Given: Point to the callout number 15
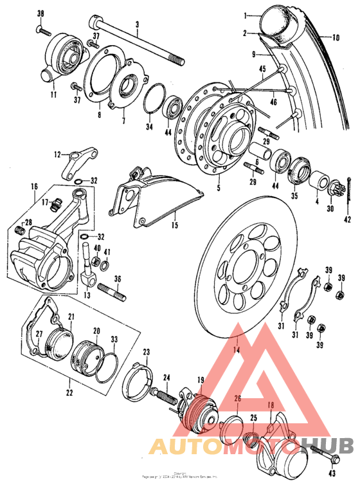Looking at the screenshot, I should click(174, 225).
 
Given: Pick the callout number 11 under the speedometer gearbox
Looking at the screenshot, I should click(53, 95).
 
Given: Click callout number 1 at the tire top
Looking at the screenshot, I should click(245, 14).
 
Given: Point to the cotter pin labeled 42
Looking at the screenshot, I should click(348, 193).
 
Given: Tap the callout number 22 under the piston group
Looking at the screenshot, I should click(69, 392).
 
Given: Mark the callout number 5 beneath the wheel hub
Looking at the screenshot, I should click(217, 188).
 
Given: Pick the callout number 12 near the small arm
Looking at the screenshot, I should click(57, 154).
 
